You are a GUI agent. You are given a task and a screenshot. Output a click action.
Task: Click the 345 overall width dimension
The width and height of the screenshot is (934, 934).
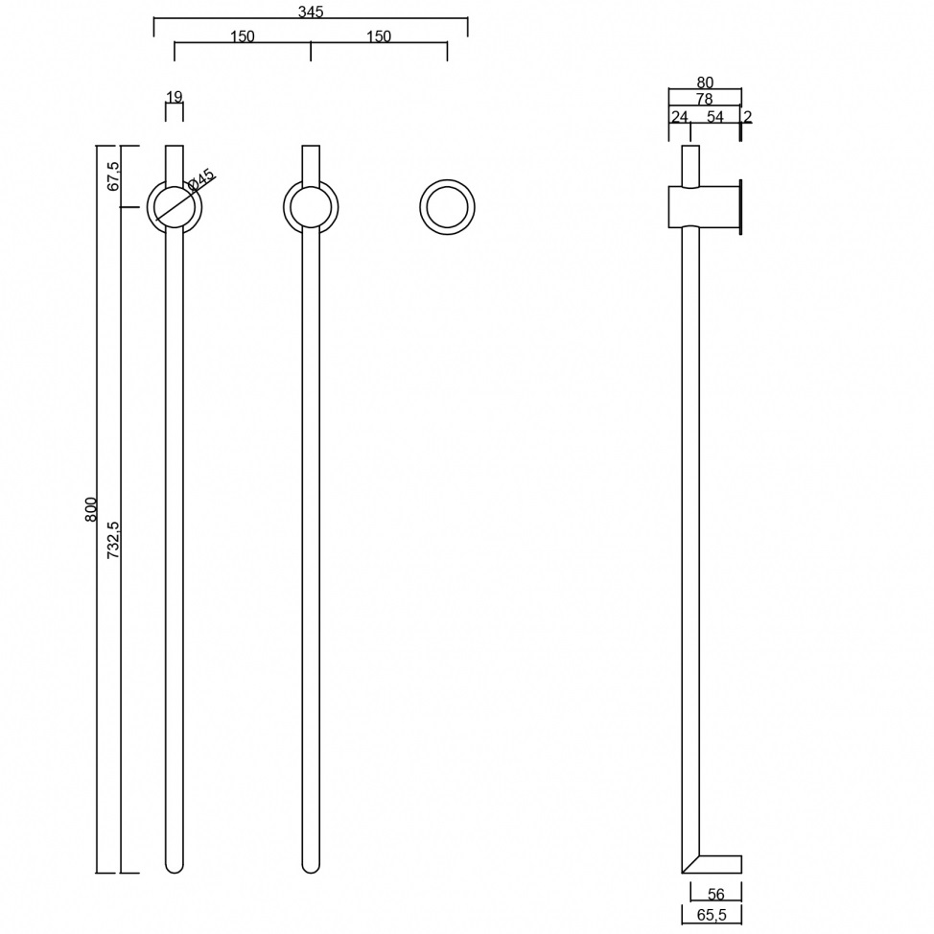pos(311,12)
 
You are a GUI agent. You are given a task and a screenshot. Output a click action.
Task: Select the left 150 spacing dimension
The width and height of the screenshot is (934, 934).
pos(243,36)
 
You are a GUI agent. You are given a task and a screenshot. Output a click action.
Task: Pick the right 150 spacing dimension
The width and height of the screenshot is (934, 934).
pos(379,36)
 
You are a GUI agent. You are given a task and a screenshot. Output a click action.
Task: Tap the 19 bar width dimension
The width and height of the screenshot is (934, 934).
pos(175,97)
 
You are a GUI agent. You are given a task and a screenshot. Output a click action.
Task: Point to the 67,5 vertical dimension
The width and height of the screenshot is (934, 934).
pos(113,175)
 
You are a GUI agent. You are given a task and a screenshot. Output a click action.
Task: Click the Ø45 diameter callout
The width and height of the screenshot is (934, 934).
pos(201,179)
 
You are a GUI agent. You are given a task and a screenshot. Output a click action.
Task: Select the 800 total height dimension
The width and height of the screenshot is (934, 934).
pos(91,508)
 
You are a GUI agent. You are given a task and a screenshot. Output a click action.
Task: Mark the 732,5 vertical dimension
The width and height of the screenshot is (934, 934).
pos(113,540)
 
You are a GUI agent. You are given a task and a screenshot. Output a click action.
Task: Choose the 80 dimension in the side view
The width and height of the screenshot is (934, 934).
pos(705,82)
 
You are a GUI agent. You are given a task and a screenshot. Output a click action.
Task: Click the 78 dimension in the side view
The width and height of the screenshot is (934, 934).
pos(704,99)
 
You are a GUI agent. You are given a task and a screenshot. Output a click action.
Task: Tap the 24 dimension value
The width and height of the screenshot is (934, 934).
pos(679,117)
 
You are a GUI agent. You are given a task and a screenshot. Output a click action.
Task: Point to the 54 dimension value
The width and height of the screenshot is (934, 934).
pos(715,117)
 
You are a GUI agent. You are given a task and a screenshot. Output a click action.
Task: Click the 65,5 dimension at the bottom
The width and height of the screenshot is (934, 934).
pos(712,915)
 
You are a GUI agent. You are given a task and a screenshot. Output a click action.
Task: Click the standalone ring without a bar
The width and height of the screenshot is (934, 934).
pos(447,207)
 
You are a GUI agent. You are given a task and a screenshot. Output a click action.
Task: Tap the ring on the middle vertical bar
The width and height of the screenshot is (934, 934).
pos(311,207)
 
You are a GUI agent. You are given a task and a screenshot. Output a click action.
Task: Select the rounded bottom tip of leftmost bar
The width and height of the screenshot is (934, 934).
pos(175,866)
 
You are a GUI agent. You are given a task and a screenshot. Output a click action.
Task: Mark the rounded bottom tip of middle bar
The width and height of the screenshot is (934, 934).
pos(311,866)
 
